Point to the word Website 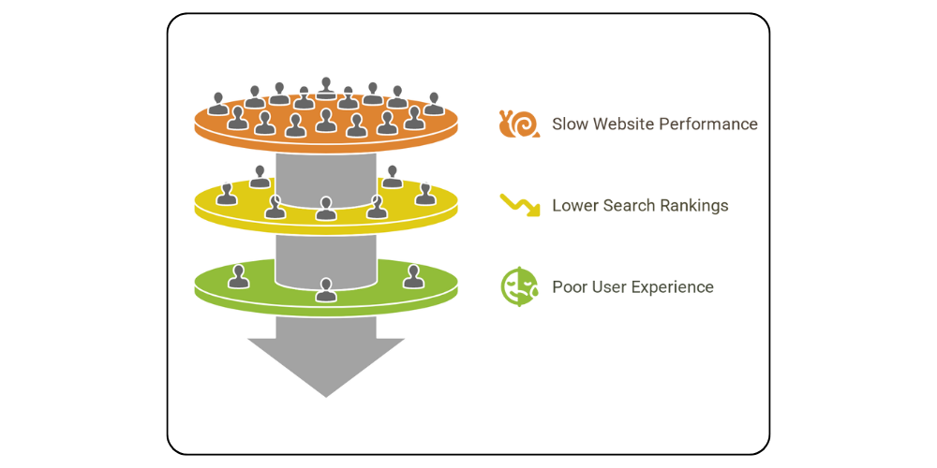click(630, 124)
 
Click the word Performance click(716, 124)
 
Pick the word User click(614, 287)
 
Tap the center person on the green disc click(326, 289)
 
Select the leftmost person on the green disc click(239, 276)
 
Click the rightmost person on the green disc click(413, 276)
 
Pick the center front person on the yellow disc click(326, 209)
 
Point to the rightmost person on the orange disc click(434, 104)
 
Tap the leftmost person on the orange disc click(218, 104)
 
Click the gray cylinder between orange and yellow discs click(326, 173)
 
